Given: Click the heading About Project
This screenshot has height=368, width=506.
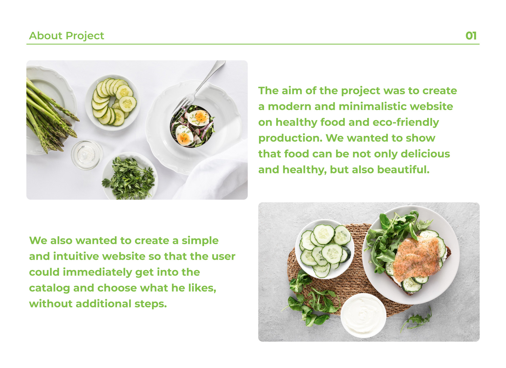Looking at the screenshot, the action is point(66,36).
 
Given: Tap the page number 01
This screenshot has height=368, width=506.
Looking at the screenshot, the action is point(471,36).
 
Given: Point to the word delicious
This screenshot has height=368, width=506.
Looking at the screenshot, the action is point(425,154).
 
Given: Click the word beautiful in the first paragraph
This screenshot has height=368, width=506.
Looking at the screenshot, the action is point(403,170).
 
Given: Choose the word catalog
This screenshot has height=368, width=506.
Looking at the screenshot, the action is point(50,288).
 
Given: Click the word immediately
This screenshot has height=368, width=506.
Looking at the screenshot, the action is point(97,272).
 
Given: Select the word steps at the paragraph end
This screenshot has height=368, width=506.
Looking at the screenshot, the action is point(150,304).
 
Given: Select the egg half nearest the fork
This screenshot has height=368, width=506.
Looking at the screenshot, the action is point(199,118).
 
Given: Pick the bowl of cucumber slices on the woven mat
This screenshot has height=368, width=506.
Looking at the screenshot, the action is point(325,249).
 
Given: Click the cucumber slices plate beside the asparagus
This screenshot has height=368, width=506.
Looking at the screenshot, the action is point(113,102).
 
